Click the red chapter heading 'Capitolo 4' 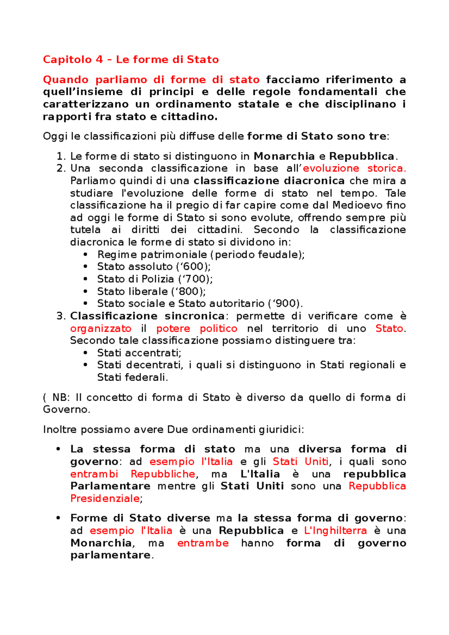point(73,59)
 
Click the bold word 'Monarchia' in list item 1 point(284,156)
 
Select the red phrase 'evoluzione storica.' point(354,168)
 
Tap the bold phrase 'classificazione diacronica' point(269,181)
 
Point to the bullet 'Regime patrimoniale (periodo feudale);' point(201,255)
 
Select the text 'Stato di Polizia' point(135,279)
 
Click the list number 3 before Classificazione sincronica point(60,316)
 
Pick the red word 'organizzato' point(101,328)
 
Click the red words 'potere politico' point(196,328)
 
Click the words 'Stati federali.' point(132,377)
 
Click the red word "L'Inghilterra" point(335,530)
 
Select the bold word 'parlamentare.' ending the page point(112,555)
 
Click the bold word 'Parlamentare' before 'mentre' point(110,486)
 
